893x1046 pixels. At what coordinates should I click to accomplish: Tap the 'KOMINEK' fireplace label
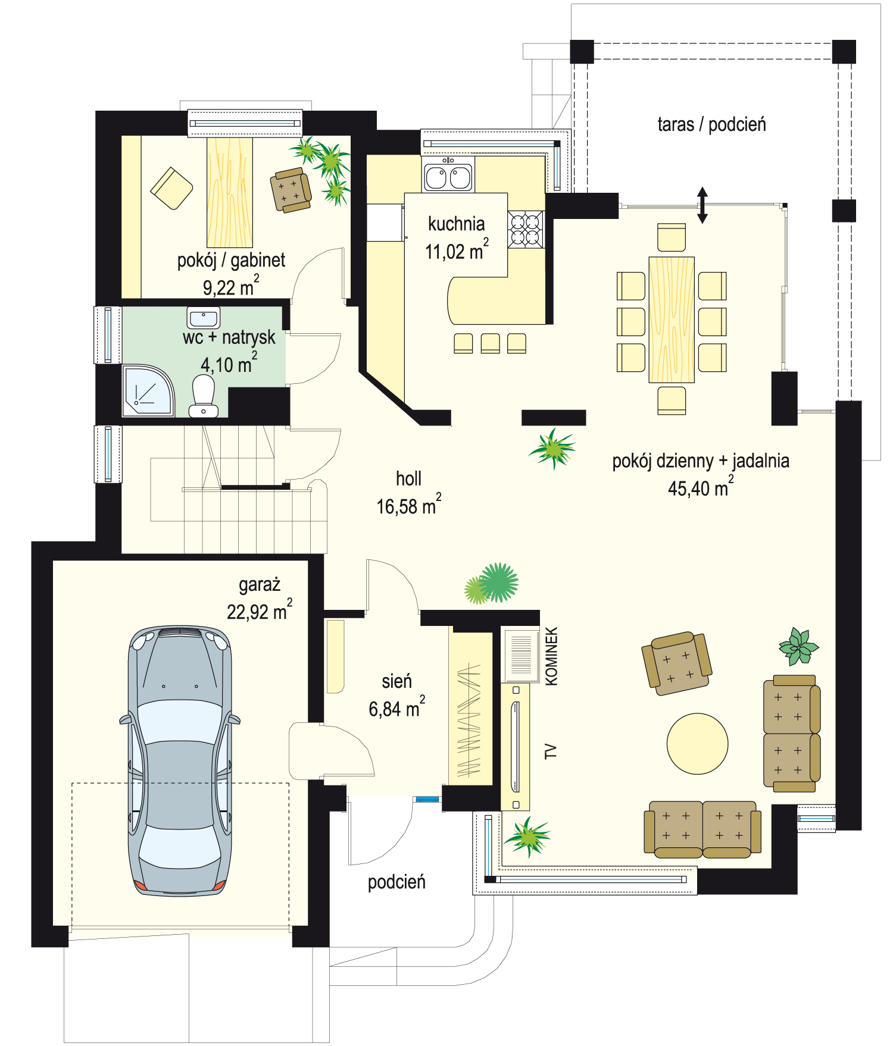(552, 656)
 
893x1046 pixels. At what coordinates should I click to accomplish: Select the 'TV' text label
(551, 751)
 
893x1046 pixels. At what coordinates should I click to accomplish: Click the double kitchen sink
(448, 177)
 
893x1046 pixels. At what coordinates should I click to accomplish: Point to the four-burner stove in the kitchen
(526, 230)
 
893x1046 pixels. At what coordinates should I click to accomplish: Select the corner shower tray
(148, 390)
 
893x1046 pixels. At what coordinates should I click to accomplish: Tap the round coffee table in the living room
(697, 744)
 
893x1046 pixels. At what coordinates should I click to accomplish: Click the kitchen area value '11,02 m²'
(457, 250)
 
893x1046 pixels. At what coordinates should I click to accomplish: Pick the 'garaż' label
(260, 585)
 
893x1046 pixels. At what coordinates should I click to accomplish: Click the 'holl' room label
(408, 478)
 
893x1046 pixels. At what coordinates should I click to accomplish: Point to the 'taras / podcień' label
(711, 124)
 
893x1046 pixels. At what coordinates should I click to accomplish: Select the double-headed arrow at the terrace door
(702, 205)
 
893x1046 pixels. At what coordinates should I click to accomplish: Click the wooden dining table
(672, 320)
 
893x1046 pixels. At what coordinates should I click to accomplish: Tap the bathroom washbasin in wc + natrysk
(204, 318)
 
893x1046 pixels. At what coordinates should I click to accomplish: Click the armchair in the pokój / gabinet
(291, 190)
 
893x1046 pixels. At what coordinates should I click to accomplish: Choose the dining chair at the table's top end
(672, 237)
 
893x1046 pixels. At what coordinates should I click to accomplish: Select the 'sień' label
(396, 681)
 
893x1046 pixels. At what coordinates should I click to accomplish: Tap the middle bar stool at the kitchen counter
(490, 343)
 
